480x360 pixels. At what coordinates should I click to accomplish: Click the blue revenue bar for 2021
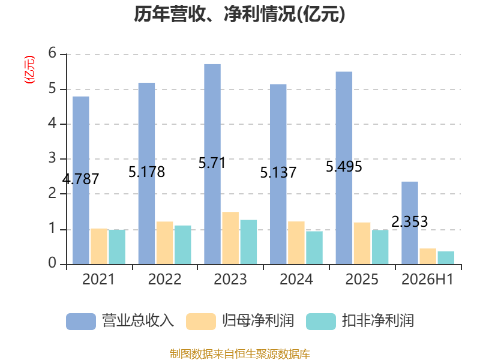click(81, 181)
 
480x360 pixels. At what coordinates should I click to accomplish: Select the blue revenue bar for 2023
click(212, 164)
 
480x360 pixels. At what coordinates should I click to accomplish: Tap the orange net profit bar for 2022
click(164, 243)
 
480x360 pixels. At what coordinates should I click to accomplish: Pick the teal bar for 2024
click(314, 248)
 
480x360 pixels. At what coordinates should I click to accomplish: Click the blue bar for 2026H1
click(410, 223)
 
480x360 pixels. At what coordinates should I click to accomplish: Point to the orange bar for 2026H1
click(428, 256)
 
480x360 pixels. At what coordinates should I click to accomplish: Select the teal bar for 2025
click(380, 247)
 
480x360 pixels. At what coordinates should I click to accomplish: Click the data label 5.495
click(344, 167)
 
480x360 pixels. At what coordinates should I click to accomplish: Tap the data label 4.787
click(81, 179)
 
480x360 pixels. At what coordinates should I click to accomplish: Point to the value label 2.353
click(410, 221)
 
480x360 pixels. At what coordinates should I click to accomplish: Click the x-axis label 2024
click(296, 279)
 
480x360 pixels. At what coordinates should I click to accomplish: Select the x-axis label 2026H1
click(427, 279)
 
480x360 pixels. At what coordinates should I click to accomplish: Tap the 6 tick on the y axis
click(52, 53)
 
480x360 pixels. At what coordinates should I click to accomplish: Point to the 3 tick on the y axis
click(52, 158)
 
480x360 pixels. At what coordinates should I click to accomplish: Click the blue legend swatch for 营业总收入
click(81, 322)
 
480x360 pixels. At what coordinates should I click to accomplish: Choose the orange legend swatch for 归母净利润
click(201, 322)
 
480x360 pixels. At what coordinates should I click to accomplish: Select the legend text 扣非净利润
click(378, 321)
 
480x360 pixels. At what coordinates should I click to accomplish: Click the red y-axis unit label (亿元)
click(29, 70)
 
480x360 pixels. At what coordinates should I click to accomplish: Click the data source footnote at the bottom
click(240, 354)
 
